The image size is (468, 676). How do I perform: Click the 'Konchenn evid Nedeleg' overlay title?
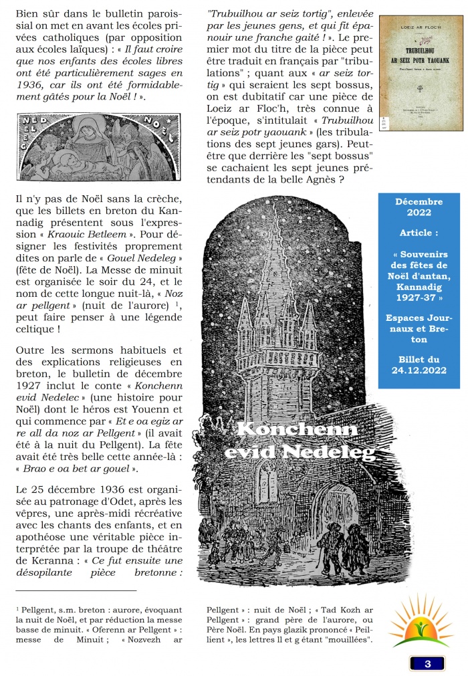[x=298, y=441]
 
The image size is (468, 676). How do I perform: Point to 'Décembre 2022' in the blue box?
[x=419, y=207]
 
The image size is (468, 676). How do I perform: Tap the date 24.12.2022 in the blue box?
[x=419, y=368]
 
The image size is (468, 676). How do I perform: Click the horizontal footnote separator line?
[x=75, y=590]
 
